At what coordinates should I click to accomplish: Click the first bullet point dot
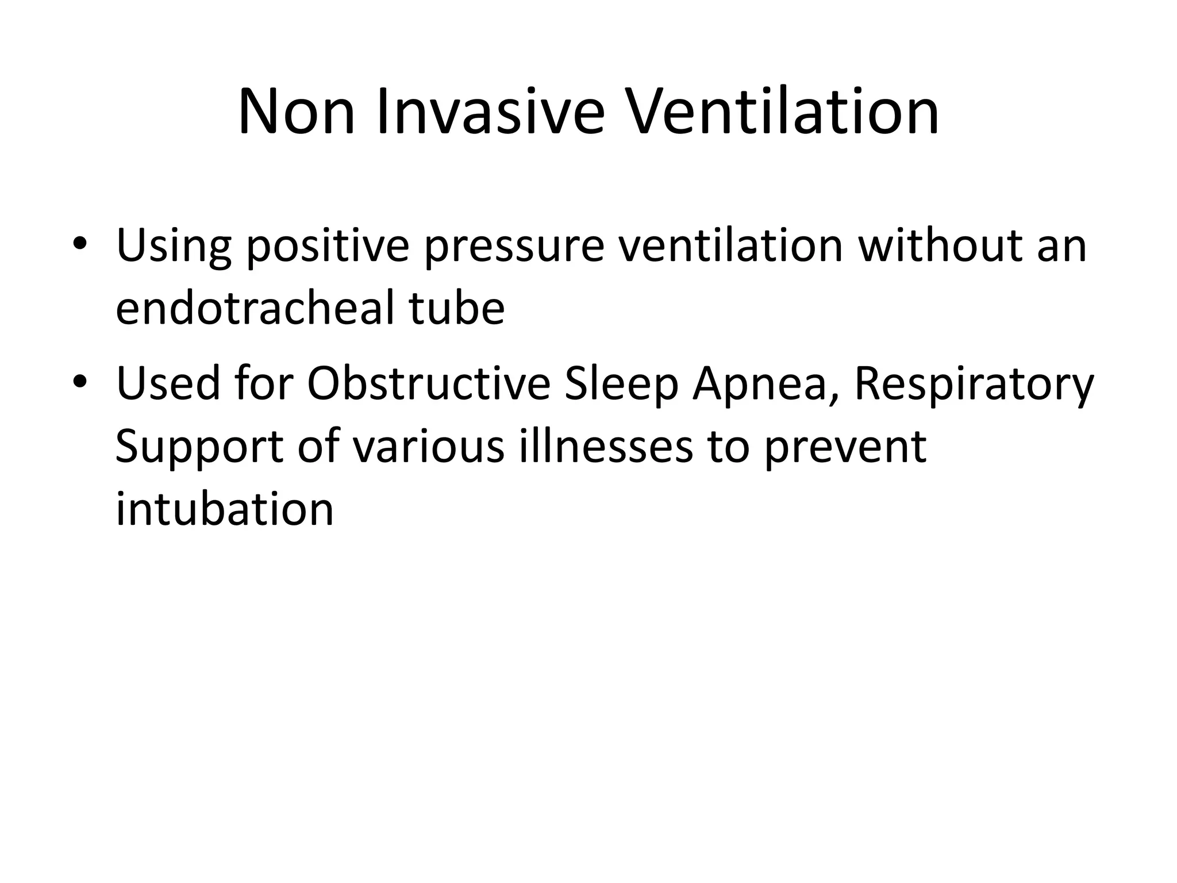pos(80,244)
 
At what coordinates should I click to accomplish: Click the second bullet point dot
pos(80,381)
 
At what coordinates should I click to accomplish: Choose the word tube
pos(457,308)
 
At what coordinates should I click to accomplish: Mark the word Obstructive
pos(429,383)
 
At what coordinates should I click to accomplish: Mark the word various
pos(428,447)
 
